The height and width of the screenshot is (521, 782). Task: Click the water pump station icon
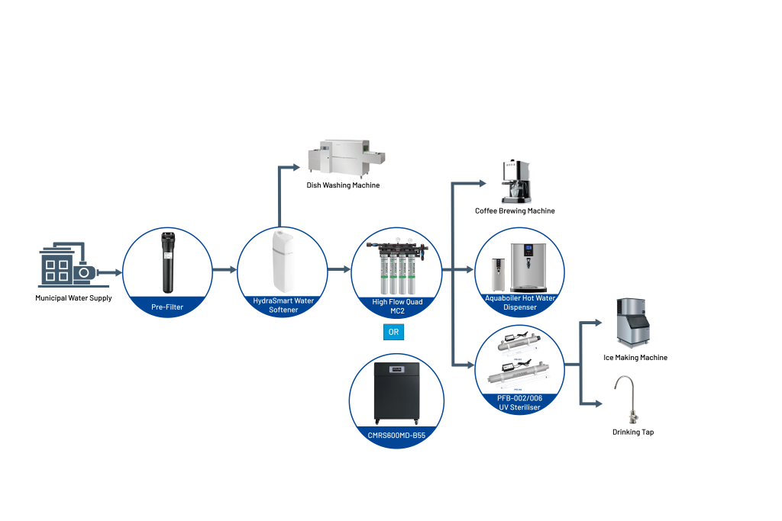(x=66, y=266)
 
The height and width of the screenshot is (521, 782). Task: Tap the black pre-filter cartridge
(x=167, y=263)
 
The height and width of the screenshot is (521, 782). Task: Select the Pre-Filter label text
(x=167, y=307)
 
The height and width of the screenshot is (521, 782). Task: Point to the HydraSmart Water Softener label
(x=283, y=305)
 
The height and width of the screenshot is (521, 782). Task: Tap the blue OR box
(x=393, y=332)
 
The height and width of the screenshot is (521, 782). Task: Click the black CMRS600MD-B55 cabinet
(x=397, y=394)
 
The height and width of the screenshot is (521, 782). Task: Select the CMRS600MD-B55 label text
(x=397, y=435)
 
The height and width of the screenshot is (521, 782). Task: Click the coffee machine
(x=516, y=182)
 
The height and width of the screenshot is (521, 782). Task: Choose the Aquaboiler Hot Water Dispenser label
(x=520, y=302)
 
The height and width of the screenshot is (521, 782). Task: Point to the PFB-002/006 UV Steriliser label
(x=520, y=403)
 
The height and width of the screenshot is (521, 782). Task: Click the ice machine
(x=633, y=321)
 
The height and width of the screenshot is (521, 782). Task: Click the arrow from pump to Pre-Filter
(x=109, y=272)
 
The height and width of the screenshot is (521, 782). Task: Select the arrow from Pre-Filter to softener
(x=225, y=269)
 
